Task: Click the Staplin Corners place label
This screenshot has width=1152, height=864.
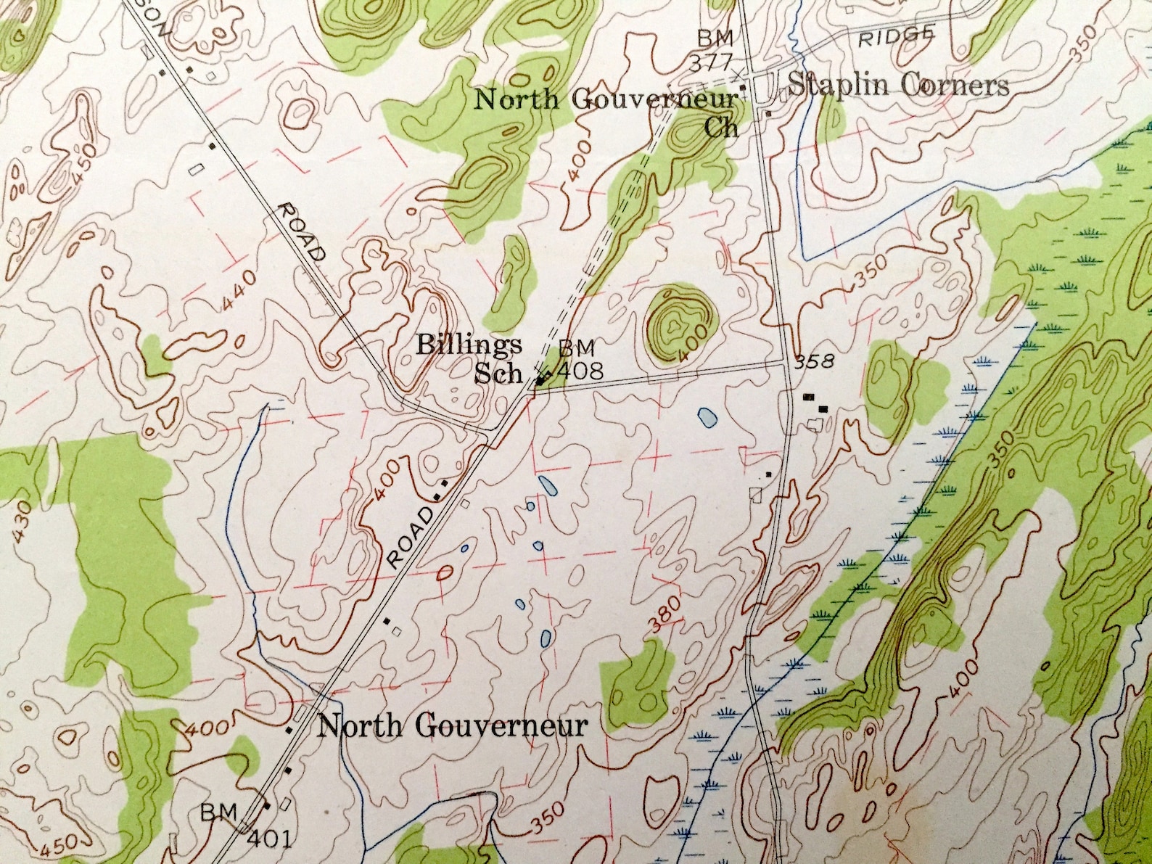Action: (898, 86)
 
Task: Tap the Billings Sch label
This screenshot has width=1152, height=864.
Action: (470, 358)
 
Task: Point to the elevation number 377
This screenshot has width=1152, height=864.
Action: (715, 61)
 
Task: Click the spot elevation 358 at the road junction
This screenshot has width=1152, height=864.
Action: (812, 361)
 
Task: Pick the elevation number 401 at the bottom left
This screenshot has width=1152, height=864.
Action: (270, 840)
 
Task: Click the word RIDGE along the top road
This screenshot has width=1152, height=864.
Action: (894, 37)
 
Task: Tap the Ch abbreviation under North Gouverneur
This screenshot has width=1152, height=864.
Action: (723, 127)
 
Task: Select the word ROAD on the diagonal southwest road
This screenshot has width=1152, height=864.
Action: (411, 538)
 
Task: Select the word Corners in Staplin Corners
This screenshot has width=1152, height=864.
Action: (953, 86)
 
